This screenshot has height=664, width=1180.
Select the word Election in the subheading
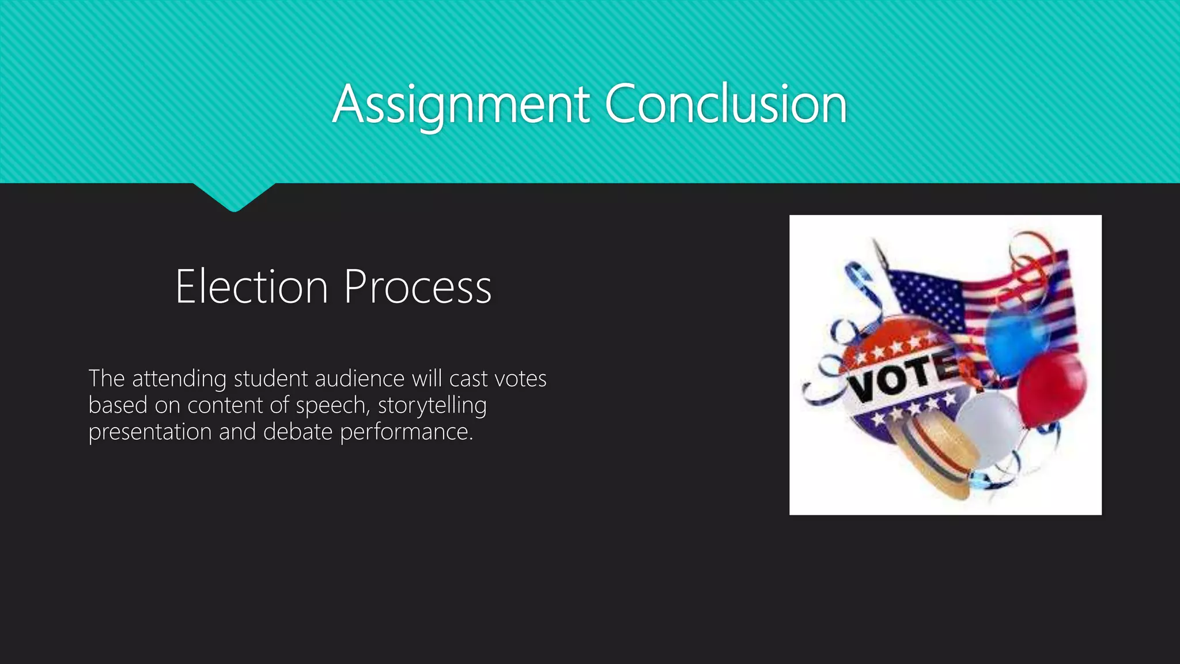252,286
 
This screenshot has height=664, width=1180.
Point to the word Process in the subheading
418,286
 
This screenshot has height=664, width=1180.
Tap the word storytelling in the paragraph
432,406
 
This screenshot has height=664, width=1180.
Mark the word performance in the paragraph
406,432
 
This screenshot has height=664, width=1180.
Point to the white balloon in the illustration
989,427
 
